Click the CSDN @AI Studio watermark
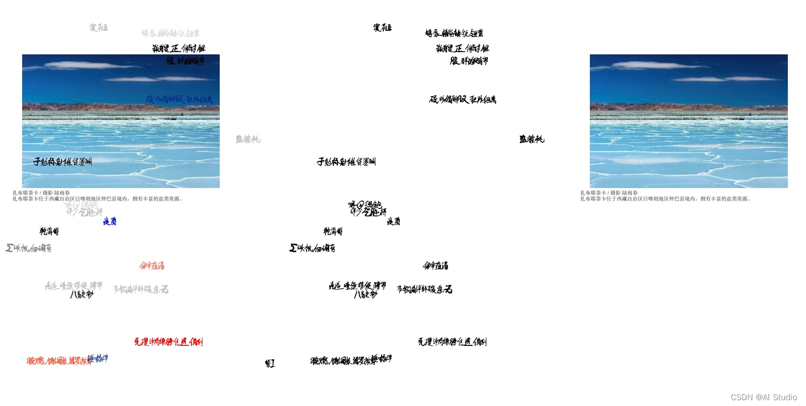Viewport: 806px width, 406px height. [763, 397]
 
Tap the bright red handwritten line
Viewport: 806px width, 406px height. [168, 342]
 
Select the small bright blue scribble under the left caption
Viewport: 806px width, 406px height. [110, 221]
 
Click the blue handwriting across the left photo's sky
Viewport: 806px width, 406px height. [179, 100]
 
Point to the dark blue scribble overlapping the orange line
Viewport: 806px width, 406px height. [98, 358]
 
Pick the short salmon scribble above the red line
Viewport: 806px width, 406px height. [152, 266]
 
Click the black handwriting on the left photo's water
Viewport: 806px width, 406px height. [62, 161]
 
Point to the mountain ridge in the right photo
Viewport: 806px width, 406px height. [688, 107]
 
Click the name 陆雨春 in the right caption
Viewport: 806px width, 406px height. [630, 193]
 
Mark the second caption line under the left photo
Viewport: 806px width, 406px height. [97, 199]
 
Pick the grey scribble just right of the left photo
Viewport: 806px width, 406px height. [248, 139]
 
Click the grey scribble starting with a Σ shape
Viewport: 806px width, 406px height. [29, 248]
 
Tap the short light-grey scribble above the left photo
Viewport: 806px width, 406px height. [98, 27]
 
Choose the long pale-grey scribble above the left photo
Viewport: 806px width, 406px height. [170, 33]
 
